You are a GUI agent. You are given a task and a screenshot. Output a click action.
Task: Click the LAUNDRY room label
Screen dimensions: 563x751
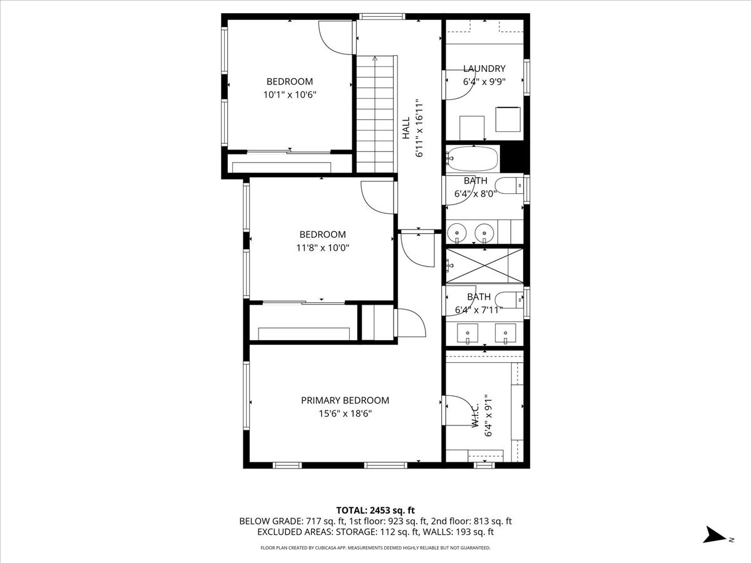pos(484,69)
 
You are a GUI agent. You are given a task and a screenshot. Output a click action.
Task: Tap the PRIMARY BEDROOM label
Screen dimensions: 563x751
pos(345,400)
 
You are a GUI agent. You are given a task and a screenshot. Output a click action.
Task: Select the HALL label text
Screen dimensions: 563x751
pos(406,128)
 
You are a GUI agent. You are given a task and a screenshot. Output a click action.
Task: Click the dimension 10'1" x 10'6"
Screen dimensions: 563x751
pos(290,94)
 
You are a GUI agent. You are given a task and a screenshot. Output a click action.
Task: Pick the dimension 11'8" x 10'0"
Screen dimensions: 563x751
pos(322,248)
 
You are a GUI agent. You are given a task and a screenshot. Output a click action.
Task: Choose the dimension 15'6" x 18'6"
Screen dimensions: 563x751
pos(345,413)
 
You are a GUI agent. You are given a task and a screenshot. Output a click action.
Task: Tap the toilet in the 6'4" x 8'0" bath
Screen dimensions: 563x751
pos(509,185)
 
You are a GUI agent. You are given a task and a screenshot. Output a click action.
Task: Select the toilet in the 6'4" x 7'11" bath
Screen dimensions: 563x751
pos(509,300)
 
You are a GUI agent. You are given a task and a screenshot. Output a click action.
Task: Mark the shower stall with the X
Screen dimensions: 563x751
pos(484,266)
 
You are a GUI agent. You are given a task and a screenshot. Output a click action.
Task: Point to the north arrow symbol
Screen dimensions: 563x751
pos(714,535)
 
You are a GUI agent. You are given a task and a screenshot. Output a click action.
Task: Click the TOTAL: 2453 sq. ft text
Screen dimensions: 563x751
pos(375,510)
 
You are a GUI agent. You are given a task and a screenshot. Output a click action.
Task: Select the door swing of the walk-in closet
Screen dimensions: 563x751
pos(459,410)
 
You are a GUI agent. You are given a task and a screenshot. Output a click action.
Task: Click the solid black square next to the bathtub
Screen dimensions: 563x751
pos(513,158)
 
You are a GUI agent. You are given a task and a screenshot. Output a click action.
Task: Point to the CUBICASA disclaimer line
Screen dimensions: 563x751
pos(375,548)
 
